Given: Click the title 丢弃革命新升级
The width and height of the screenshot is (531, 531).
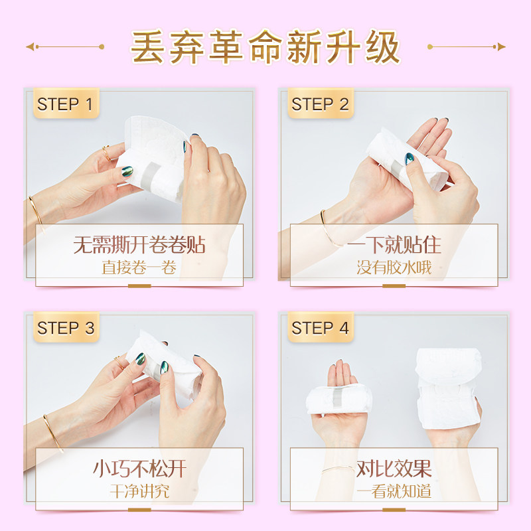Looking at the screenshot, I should click(265, 47).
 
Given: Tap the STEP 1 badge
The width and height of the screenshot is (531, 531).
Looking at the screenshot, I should click(65, 104).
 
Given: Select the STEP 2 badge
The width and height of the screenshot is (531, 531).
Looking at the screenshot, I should click(320, 104).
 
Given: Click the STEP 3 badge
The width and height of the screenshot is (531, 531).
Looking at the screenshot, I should click(65, 328).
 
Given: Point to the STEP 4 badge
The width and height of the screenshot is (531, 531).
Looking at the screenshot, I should click(320, 328).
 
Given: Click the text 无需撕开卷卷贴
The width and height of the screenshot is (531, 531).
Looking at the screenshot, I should click(139, 246).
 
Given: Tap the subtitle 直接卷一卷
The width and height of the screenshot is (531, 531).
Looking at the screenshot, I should click(139, 269).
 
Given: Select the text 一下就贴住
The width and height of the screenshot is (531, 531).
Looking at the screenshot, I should click(394, 246).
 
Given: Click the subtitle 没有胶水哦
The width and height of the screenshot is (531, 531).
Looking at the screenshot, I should click(394, 269).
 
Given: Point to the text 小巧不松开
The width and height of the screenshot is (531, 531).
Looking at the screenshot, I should click(139, 469).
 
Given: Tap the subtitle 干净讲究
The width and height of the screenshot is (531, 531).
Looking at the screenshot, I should click(139, 492).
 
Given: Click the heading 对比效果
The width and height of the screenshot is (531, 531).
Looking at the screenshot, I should click(394, 469).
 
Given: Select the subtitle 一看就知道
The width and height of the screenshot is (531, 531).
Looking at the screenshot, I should click(394, 492).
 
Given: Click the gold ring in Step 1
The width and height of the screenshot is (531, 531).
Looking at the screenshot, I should click(106, 153).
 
